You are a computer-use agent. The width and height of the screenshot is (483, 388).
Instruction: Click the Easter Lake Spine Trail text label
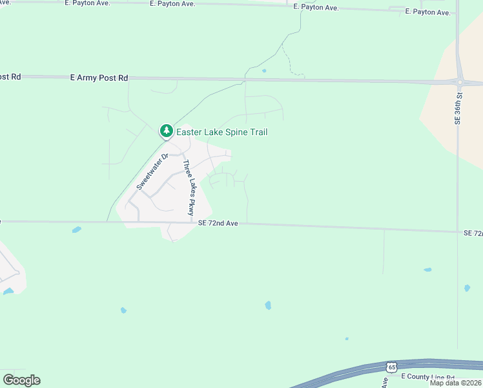click(221, 132)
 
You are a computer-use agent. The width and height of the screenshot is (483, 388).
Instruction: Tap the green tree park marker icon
click(167, 131)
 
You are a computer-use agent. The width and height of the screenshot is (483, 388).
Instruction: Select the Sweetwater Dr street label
click(152, 171)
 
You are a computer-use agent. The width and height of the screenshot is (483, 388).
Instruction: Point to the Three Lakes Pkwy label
click(187, 188)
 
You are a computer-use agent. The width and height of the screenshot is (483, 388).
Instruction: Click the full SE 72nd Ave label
click(219, 223)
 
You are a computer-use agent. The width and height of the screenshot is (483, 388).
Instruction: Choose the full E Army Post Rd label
click(99, 78)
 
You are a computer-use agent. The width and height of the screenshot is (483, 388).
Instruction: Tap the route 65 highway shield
click(391, 367)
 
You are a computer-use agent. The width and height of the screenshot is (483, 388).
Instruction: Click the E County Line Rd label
click(427, 376)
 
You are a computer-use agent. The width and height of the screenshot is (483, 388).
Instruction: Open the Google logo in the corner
click(21, 380)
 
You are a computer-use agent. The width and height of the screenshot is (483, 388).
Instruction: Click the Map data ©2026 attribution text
click(455, 383)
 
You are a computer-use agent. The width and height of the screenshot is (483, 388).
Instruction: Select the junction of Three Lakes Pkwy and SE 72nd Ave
click(193, 222)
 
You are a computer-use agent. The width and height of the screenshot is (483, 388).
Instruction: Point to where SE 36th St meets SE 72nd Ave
click(458, 232)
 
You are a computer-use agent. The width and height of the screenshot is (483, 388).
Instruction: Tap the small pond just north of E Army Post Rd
click(263, 70)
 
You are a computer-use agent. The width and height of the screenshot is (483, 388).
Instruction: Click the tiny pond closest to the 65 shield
click(347, 338)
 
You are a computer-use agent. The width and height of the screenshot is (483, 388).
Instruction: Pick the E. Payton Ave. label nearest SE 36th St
click(427, 12)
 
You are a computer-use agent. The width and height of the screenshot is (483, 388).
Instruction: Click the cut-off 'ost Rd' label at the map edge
click(10, 76)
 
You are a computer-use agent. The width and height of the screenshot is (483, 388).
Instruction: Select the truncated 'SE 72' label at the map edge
click(473, 233)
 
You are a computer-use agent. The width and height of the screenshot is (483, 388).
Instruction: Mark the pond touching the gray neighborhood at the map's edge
click(8, 292)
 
